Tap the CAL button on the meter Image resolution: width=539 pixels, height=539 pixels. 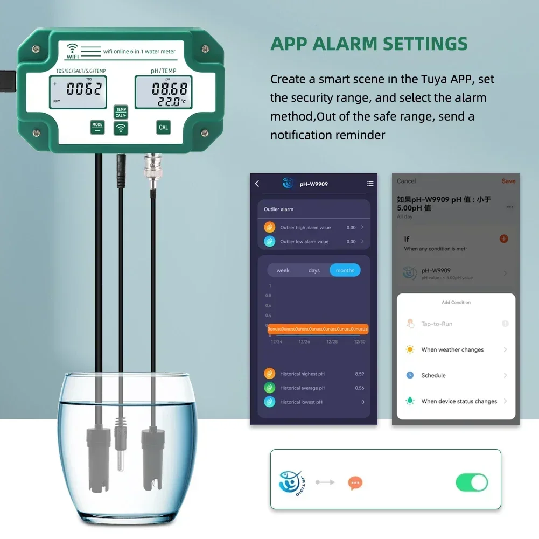(163, 128)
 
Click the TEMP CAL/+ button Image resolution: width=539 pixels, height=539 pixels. (121, 113)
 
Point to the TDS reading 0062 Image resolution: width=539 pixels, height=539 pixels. (84, 89)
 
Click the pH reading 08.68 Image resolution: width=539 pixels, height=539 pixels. (169, 88)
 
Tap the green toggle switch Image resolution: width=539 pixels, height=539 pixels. (472, 482)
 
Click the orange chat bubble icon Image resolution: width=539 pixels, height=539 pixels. (355, 483)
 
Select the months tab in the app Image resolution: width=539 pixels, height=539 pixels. (345, 270)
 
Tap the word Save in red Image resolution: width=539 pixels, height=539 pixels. (508, 181)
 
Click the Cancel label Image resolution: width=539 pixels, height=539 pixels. (407, 181)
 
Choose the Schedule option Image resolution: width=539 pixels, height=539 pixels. (433, 375)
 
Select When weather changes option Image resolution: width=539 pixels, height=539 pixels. (452, 350)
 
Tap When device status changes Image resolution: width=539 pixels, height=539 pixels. (459, 401)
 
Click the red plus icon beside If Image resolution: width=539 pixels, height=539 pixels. (504, 239)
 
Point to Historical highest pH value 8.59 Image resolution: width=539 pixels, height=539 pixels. (359, 374)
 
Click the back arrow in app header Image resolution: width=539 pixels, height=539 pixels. (257, 184)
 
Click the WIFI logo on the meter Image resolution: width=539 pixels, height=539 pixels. (72, 51)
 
